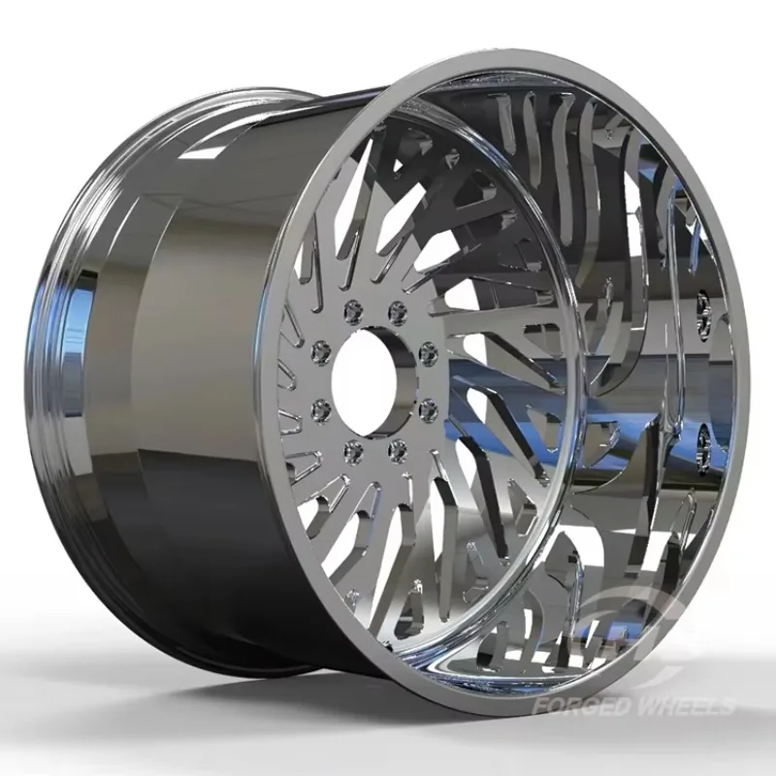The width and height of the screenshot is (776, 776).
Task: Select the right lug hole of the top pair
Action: click(x=396, y=310)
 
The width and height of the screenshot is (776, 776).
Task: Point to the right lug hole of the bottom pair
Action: click(x=396, y=448)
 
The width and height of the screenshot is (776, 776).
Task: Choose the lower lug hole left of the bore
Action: click(x=316, y=411)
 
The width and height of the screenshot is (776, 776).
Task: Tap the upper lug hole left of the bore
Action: click(x=316, y=346)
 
